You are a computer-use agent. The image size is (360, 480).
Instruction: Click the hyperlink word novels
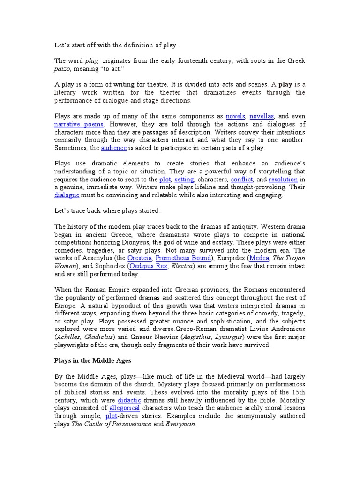click(235, 116)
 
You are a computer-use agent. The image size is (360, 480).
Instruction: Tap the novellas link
click(262, 116)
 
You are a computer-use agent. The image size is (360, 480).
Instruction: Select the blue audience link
click(114, 148)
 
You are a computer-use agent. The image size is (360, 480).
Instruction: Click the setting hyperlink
click(184, 179)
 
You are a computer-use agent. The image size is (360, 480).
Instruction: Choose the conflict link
click(242, 179)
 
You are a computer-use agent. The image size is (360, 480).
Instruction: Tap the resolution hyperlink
click(283, 179)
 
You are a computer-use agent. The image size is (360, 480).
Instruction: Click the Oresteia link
click(140, 258)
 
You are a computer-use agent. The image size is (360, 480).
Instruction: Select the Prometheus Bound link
click(183, 258)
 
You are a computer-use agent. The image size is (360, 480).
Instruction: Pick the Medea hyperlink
click(258, 258)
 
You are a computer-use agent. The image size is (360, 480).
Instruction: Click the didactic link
click(131, 400)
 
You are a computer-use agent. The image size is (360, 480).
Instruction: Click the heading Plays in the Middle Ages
click(94, 360)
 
